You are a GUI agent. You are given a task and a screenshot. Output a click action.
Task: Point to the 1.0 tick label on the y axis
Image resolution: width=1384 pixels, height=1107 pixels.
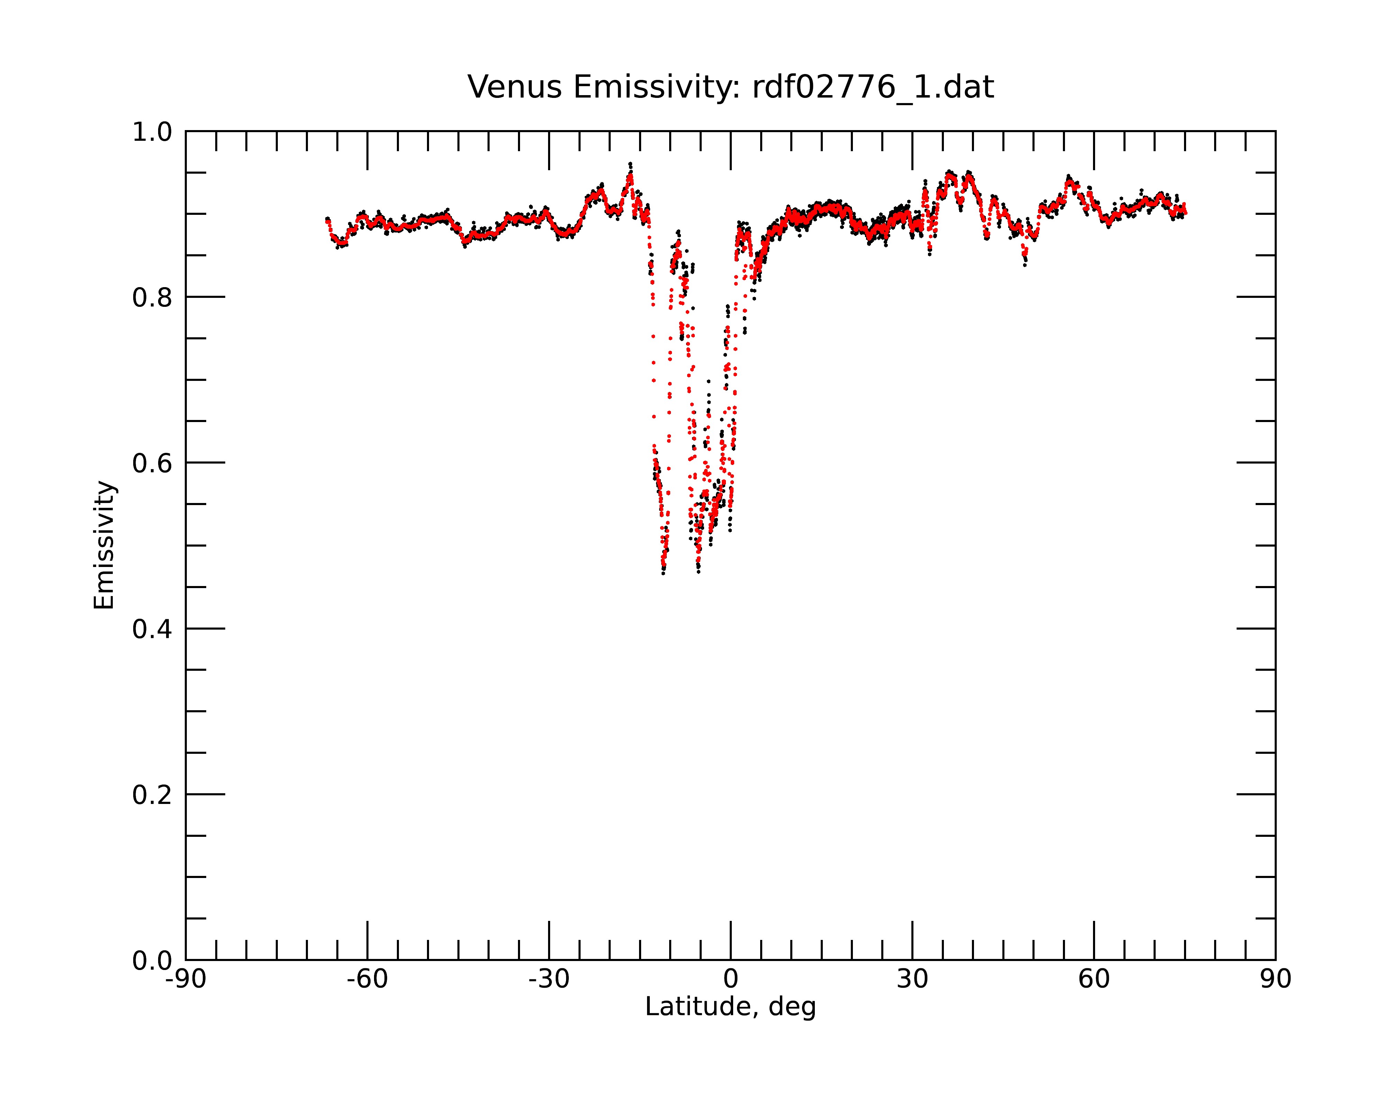(152, 132)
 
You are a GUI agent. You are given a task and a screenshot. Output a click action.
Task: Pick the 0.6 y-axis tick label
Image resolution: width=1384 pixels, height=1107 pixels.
(152, 463)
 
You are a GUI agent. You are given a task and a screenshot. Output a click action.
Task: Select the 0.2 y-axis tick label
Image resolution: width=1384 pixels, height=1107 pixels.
(152, 795)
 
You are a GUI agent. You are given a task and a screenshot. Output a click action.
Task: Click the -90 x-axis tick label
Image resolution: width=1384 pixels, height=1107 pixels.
(185, 979)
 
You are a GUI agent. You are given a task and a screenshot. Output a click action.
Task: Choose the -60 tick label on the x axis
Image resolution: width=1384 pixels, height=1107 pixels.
(367, 979)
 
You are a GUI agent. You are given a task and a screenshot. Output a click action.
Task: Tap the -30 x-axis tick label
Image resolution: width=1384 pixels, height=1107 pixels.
(549, 979)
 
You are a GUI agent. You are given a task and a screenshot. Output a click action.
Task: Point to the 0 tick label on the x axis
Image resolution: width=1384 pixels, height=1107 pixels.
(730, 979)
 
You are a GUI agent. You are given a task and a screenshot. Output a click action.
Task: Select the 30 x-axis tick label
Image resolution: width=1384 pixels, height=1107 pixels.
(912, 979)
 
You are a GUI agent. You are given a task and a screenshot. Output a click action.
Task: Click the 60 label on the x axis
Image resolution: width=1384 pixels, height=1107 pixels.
(1094, 979)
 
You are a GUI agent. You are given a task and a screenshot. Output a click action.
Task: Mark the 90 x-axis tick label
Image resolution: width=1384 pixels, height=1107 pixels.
(1275, 979)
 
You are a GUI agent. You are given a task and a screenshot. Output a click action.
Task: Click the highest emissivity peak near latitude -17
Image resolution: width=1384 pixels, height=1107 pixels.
(630, 164)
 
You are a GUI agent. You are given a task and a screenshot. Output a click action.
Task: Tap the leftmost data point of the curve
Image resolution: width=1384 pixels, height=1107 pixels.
(327, 219)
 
